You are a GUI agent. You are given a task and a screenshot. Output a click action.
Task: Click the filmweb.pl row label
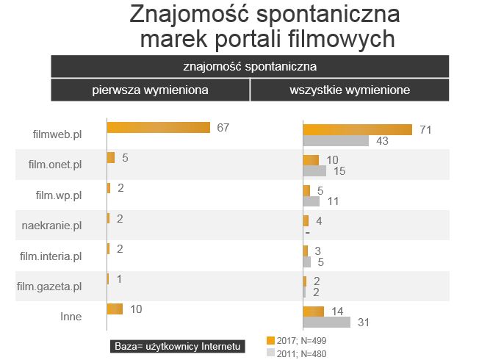tap(57, 135)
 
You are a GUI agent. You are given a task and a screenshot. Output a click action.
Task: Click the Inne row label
tap(71, 317)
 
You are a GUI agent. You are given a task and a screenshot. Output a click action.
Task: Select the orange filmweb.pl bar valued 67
tap(158, 127)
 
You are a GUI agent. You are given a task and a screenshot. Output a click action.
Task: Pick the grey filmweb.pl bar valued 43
tap(336, 141)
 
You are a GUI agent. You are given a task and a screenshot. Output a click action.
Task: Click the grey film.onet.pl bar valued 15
tap(314, 171)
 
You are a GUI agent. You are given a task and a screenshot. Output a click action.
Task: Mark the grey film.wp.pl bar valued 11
tap(311, 201)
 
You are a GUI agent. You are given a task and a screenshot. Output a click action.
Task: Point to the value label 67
tap(223, 127)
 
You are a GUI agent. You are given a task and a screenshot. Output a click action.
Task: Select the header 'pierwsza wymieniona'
tap(150, 90)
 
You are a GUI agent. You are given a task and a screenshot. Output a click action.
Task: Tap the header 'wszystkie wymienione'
tap(350, 90)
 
